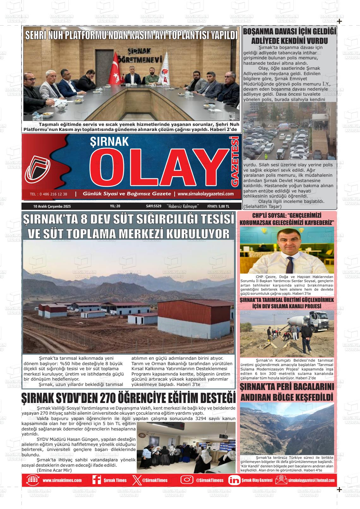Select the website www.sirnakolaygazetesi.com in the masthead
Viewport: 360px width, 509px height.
coord(206,194)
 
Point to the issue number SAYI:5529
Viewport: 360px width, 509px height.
coord(154,206)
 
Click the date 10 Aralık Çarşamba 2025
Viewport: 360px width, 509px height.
coord(52,206)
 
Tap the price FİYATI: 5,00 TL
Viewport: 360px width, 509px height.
coord(218,206)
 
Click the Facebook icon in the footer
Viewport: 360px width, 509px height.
coord(96,480)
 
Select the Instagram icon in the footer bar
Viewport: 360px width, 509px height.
coord(187,480)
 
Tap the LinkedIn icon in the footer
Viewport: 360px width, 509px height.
coord(234,480)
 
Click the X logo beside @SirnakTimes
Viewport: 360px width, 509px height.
coord(136,480)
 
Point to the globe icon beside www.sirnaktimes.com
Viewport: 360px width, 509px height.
coord(33,480)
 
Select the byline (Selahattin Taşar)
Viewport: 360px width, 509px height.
coord(262,206)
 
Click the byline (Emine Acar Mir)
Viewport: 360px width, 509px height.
coord(54,470)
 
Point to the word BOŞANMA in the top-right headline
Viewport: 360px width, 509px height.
coord(259,32)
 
